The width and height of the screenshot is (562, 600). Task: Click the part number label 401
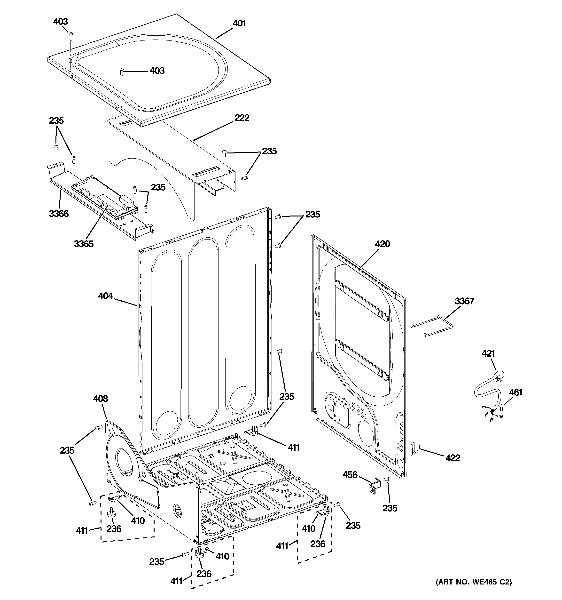point(239,23)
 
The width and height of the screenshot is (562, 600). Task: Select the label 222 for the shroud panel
point(242,118)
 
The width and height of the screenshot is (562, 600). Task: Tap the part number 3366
point(59,214)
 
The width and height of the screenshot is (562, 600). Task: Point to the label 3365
point(84,244)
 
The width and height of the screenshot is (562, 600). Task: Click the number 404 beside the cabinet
point(105,296)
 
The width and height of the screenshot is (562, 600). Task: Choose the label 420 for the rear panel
point(382,244)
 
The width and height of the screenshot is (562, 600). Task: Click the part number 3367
point(465,301)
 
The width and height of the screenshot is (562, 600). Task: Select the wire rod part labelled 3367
point(434,325)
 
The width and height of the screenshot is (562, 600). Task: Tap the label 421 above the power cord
point(488,353)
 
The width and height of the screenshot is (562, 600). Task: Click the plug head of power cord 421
point(498,376)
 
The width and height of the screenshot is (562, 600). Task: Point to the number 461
point(515,392)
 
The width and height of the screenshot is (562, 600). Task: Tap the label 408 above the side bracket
point(101,399)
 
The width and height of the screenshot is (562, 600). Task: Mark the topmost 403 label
point(61,22)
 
